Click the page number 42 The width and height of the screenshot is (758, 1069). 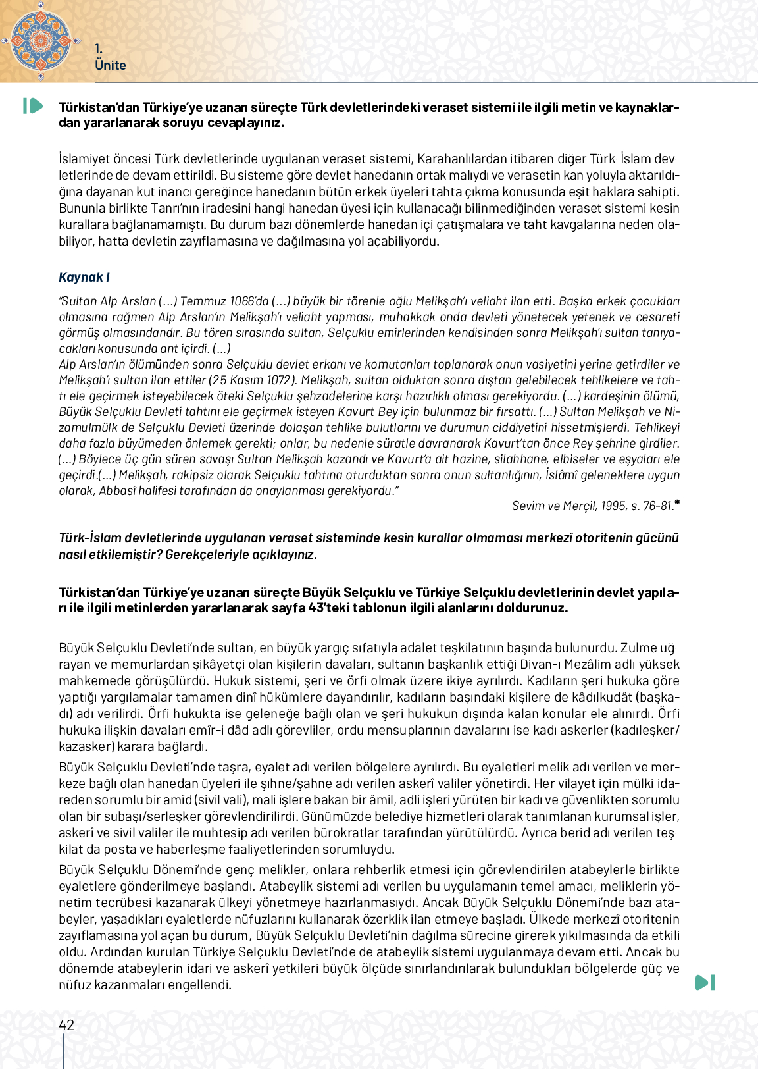pos(66,1025)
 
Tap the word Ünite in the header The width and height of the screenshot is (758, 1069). pos(110,65)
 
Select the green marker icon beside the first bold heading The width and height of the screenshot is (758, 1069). pos(33,106)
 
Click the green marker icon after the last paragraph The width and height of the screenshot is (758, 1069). pos(705,983)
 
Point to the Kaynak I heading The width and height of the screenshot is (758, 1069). pos(84,277)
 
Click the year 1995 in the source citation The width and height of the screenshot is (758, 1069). pos(613,506)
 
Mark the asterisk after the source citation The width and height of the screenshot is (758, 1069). pos(677,504)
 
